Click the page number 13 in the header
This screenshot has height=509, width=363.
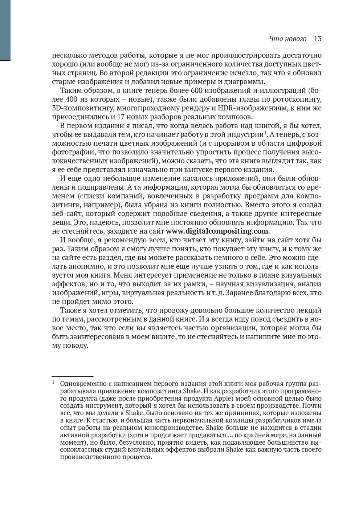click(x=318, y=39)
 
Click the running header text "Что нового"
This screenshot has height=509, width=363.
click(x=287, y=39)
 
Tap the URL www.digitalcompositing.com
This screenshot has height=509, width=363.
click(x=217, y=231)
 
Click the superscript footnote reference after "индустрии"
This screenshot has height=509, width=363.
click(x=265, y=132)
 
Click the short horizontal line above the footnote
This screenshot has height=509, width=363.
click(x=73, y=376)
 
